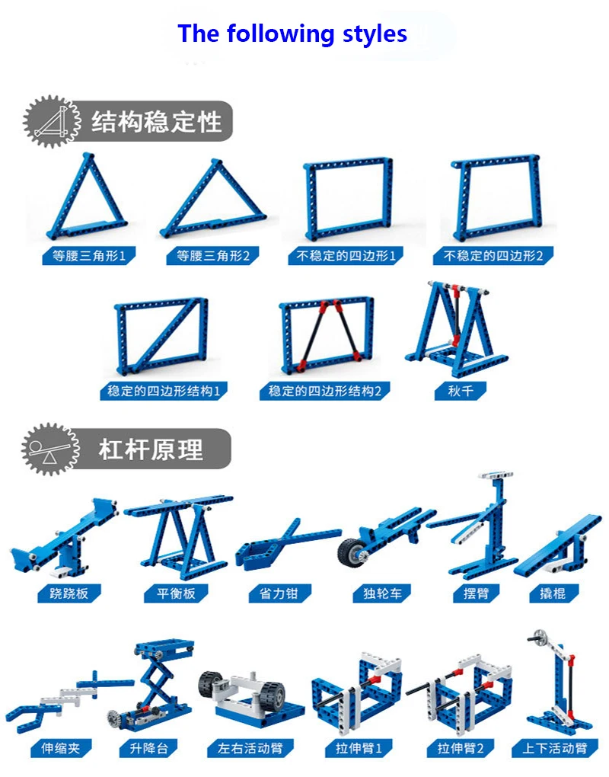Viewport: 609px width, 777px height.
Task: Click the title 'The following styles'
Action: point(292,34)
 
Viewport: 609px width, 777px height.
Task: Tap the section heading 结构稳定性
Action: point(156,121)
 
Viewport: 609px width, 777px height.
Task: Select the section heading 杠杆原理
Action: point(150,449)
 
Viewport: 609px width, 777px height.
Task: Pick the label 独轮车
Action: point(377,593)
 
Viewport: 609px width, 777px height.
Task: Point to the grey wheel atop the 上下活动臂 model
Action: point(540,638)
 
